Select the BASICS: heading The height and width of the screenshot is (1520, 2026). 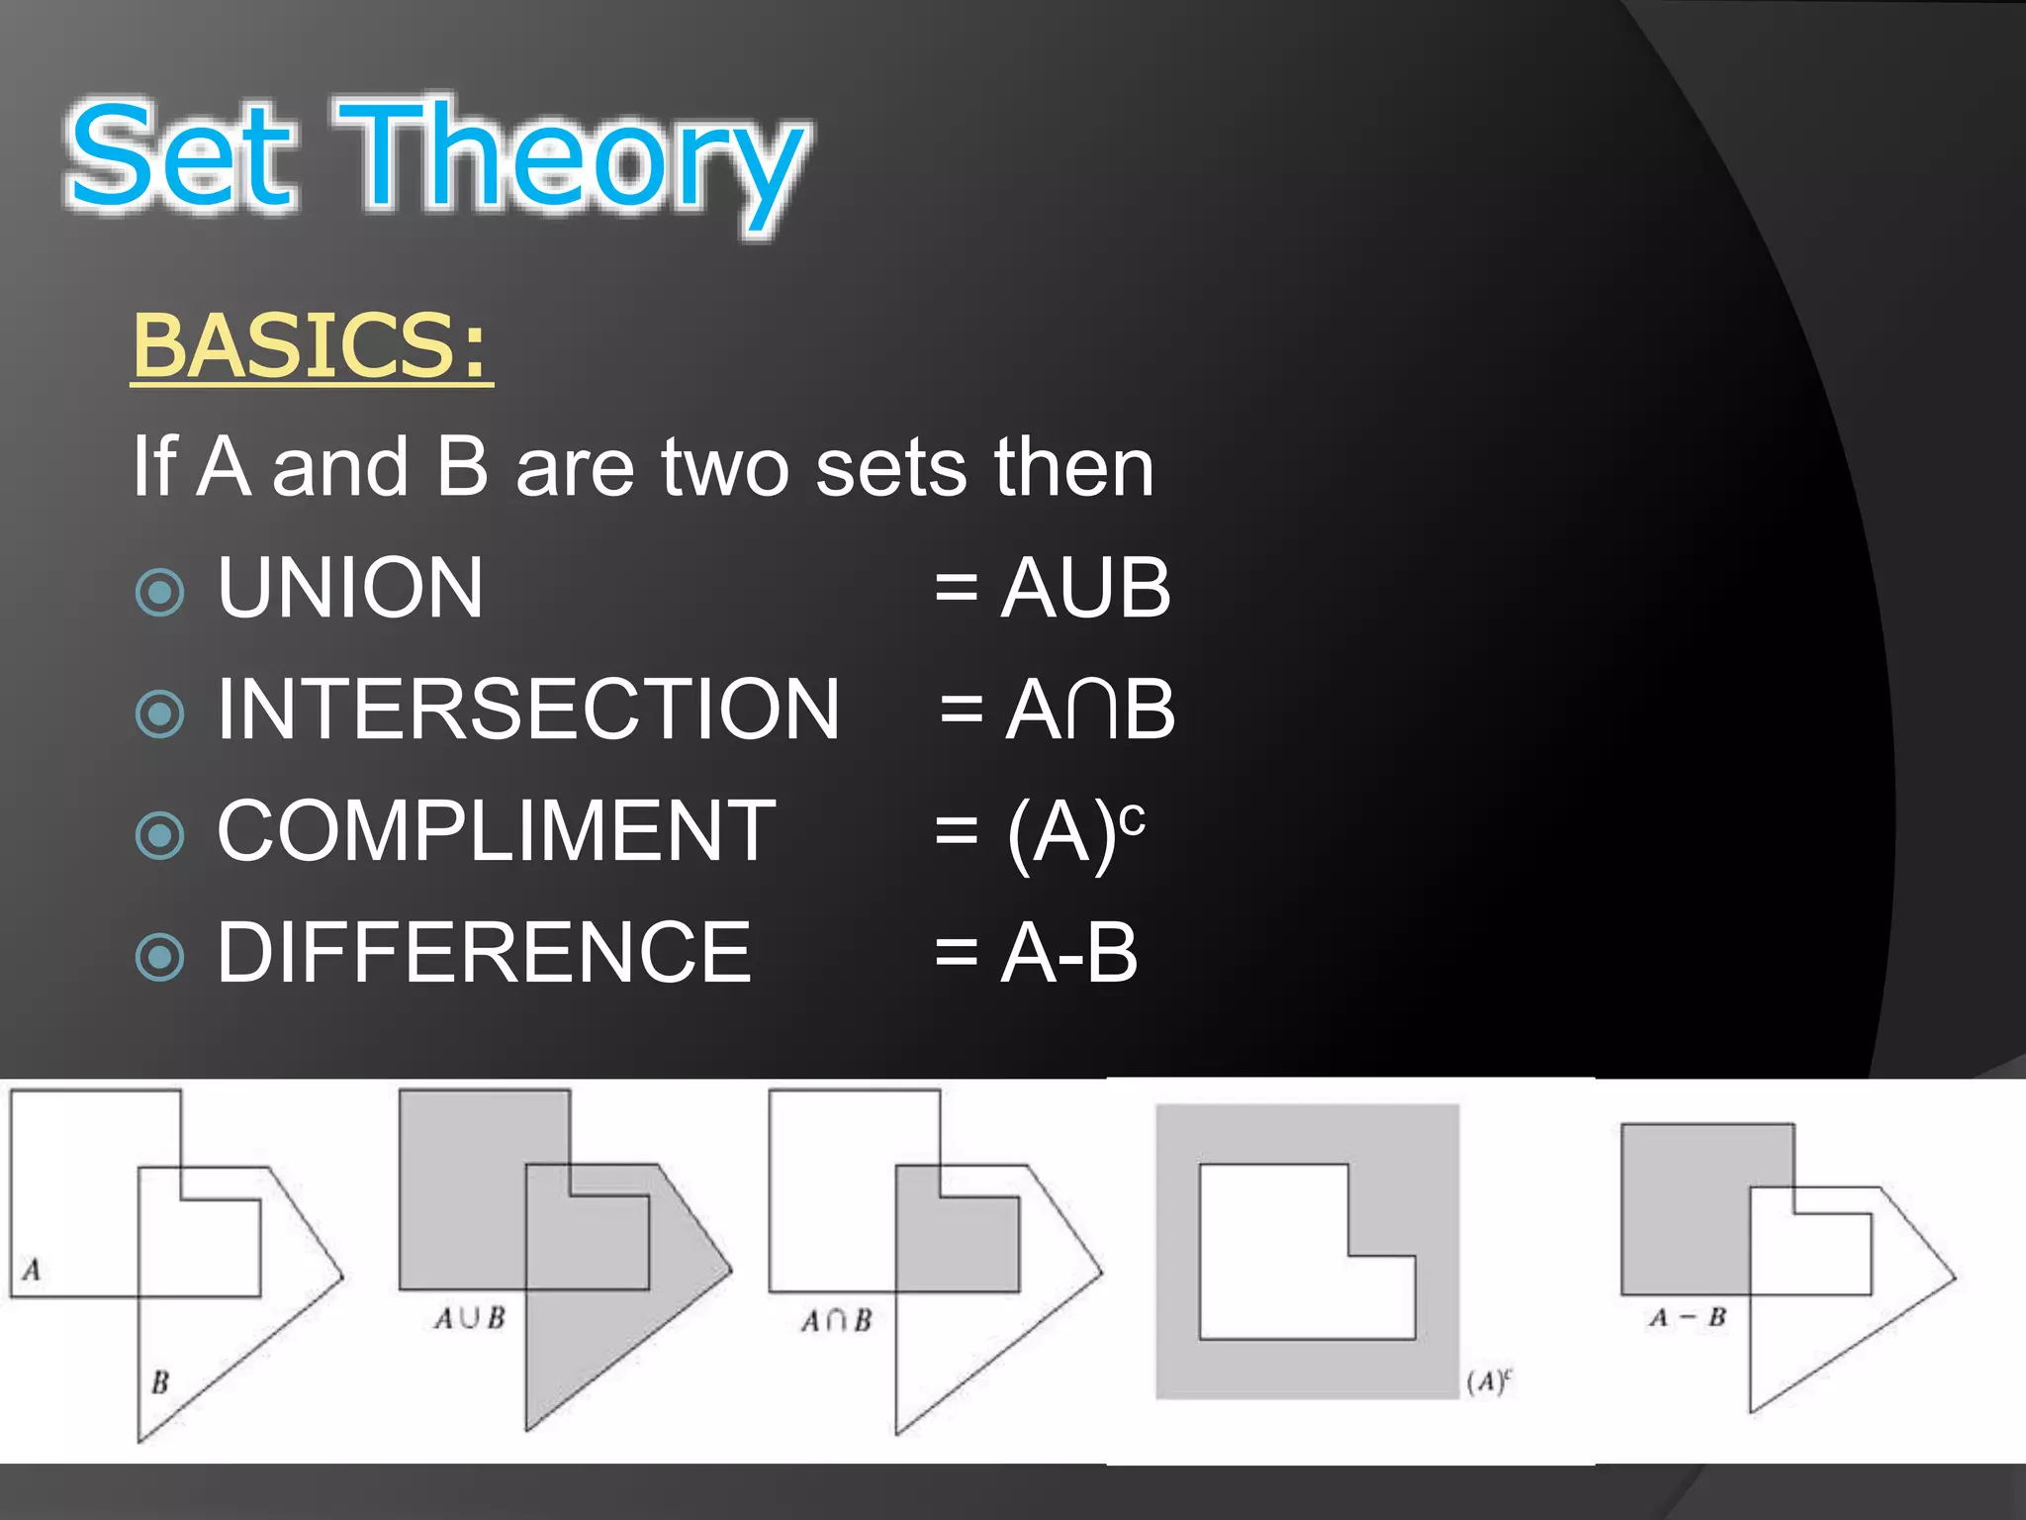312,345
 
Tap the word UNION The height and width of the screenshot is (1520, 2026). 350,589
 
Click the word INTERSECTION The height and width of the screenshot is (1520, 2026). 528,710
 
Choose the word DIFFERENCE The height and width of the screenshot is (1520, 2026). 484,953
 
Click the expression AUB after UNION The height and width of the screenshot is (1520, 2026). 1085,589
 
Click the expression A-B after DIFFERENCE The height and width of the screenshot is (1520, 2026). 1069,953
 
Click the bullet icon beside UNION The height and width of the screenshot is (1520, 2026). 159,593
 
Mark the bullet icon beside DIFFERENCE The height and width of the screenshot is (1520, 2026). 159,957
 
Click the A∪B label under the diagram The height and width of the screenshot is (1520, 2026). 470,1318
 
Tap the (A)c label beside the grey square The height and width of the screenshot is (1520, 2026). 1489,1381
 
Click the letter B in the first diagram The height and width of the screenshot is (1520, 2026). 160,1382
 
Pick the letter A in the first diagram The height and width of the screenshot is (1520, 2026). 32,1270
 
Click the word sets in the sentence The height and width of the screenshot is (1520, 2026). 890,467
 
